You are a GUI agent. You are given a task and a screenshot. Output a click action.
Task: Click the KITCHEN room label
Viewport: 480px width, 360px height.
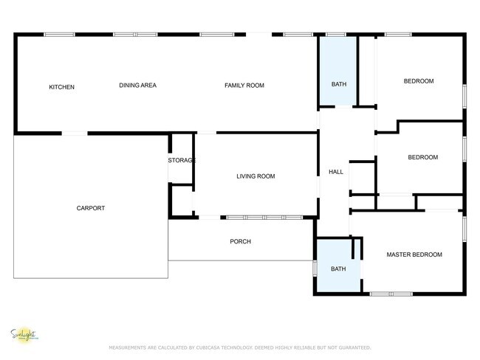coord(61,87)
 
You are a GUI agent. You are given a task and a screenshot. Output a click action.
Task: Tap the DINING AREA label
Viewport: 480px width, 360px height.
coord(137,86)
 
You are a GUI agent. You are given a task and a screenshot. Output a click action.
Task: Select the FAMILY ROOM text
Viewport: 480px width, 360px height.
coord(244,86)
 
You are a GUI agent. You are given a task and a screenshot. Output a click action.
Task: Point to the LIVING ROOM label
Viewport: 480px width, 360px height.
coord(256,176)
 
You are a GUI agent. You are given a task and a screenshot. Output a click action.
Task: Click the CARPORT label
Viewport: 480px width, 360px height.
coord(91,208)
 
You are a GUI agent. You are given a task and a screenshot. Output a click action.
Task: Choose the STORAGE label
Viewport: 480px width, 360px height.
coord(182,160)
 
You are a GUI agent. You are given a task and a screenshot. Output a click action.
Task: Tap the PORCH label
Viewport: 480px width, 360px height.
coord(240,241)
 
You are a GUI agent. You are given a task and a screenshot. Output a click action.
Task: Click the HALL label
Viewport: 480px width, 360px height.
coord(336,172)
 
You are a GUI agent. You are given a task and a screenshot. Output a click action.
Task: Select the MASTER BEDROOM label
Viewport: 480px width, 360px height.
coord(414,255)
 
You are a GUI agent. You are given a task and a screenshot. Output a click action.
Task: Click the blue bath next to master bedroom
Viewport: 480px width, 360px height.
coord(338,269)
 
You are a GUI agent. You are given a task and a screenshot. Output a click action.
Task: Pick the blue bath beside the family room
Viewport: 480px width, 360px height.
coord(338,84)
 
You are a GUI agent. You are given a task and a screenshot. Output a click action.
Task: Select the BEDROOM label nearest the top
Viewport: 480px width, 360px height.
coord(418,81)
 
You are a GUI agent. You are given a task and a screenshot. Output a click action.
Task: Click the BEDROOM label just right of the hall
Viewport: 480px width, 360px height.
coord(423,157)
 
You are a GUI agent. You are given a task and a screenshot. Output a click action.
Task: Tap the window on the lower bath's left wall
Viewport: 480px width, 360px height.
coord(315,268)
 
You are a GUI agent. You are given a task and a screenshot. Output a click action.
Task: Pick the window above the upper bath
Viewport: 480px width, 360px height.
coord(336,34)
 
